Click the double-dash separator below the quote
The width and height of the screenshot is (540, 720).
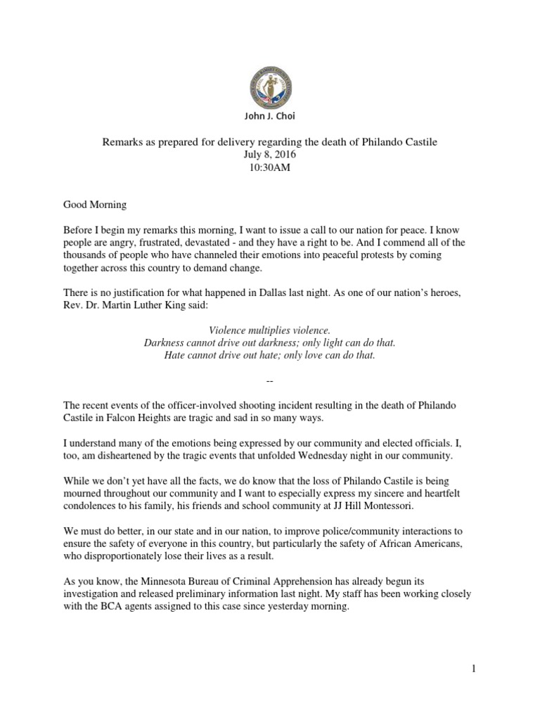click(x=271, y=380)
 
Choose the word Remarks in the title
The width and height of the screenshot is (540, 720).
click(x=122, y=142)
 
